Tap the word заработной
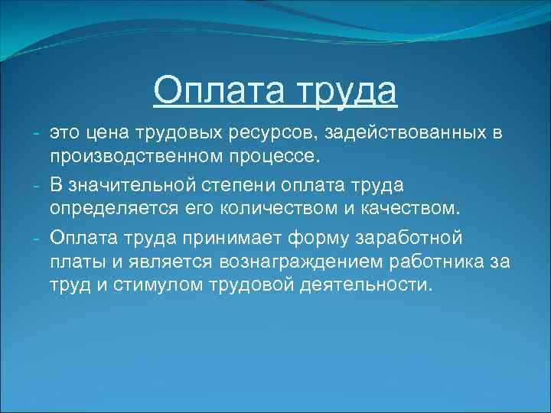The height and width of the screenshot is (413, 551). [x=409, y=236]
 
